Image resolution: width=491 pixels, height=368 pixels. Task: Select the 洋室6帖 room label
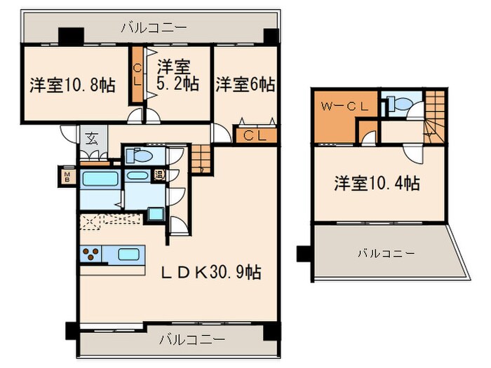(245, 85)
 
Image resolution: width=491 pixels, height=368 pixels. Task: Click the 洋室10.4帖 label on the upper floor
(377, 184)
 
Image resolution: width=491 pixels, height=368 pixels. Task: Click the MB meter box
(68, 175)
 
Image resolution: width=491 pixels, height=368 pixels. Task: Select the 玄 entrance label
(92, 138)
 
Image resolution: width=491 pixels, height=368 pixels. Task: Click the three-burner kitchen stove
(91, 254)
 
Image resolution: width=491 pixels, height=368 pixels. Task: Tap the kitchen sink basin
(130, 254)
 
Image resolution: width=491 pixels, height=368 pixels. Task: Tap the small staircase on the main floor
(202, 156)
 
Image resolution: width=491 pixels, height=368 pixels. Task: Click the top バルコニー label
(154, 29)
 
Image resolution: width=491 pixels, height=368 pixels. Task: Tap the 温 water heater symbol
(159, 175)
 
